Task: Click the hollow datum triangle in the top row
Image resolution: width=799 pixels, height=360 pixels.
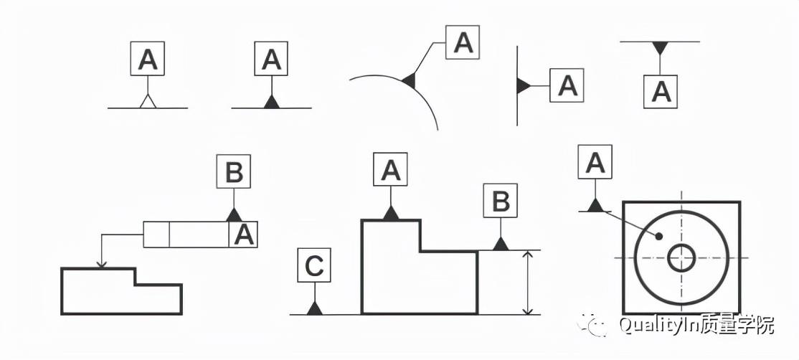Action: (x=148, y=102)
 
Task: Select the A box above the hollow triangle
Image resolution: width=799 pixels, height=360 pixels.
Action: (x=148, y=59)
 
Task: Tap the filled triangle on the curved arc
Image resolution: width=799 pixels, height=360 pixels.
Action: (x=410, y=80)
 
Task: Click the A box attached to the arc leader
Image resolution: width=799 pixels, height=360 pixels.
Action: (x=463, y=43)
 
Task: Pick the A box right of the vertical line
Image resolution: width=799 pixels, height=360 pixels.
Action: (x=567, y=86)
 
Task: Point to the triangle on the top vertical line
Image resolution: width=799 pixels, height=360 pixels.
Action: (x=524, y=86)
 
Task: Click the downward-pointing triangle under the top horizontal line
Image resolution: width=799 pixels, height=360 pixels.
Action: (x=661, y=48)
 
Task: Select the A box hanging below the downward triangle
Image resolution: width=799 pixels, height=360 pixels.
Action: (x=661, y=91)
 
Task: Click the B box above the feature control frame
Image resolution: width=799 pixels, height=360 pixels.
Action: (x=234, y=172)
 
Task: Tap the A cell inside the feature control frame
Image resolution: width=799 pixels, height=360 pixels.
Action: (x=244, y=235)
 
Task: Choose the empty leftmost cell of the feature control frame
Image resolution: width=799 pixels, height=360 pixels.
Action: (x=156, y=235)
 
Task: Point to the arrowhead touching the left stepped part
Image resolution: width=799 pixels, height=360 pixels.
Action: (x=102, y=264)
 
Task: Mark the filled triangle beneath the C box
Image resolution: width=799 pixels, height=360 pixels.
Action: (x=314, y=308)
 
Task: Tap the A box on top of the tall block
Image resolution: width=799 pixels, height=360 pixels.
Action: (x=391, y=171)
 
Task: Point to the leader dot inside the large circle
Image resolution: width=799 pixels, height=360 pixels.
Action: (x=658, y=236)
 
